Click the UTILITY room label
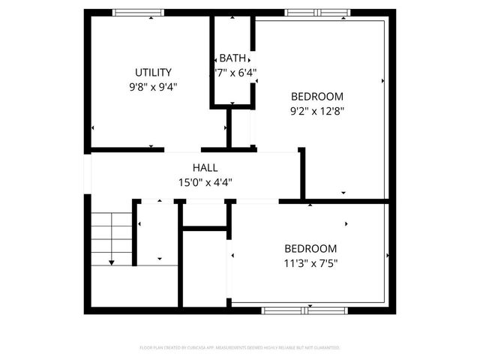153,73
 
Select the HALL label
205,168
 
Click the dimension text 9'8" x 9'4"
153,86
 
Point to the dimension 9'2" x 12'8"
316,110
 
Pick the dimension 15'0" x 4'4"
205,182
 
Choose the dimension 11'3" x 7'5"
310,262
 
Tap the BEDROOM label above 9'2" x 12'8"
316,96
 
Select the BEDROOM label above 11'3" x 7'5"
310,248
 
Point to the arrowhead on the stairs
111,262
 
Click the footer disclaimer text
240,348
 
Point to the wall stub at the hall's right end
302,172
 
